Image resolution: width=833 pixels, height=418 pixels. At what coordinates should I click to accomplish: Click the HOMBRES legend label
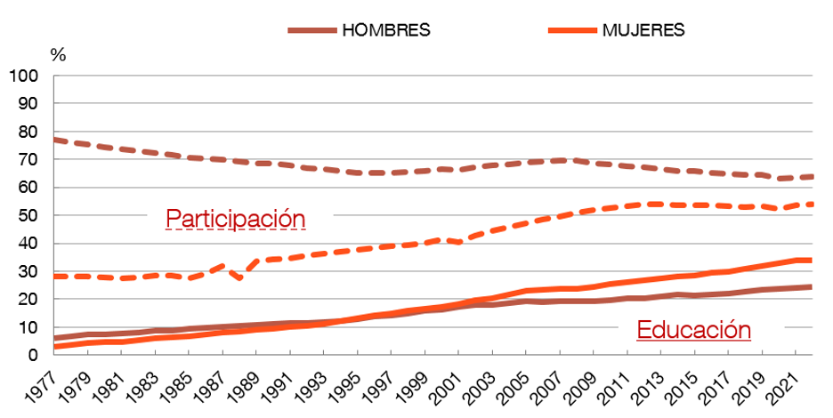[386, 29]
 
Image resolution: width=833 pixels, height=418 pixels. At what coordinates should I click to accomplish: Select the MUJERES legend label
[643, 29]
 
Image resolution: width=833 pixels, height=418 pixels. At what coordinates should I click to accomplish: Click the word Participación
[236, 219]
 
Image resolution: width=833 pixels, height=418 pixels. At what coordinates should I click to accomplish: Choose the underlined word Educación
[694, 331]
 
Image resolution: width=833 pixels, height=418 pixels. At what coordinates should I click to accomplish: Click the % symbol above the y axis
[59, 54]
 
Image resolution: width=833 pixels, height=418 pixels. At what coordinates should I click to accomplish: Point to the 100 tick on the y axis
[29, 76]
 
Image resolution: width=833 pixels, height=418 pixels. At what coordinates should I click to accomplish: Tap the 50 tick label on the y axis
[34, 215]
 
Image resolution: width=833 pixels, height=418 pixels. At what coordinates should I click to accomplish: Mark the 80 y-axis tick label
[34, 132]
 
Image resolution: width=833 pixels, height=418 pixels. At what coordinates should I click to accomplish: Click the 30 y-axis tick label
[34, 271]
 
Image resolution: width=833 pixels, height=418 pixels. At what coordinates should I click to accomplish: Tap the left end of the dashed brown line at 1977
[55, 140]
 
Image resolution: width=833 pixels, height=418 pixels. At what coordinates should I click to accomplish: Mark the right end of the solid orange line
[810, 260]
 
